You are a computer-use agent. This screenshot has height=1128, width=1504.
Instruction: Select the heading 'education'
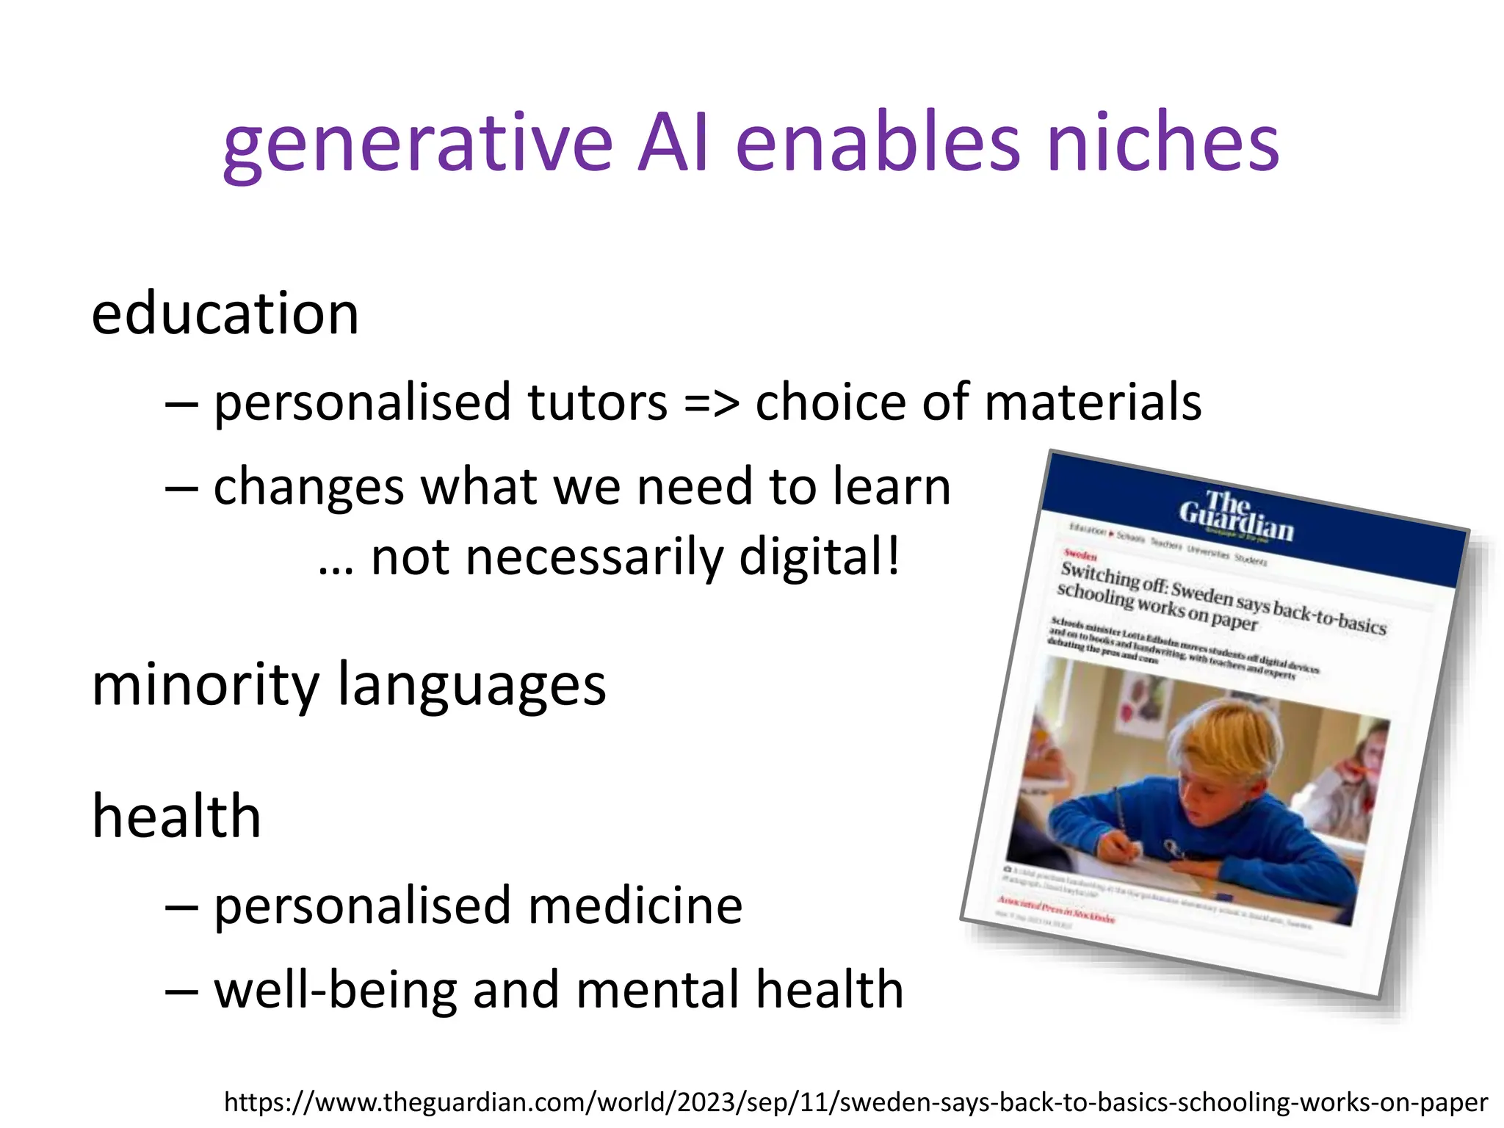point(225,314)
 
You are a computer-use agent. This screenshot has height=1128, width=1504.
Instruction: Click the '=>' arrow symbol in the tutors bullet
point(711,403)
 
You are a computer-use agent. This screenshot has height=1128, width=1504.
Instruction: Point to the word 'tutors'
point(597,402)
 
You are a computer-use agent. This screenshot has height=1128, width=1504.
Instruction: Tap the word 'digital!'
point(819,557)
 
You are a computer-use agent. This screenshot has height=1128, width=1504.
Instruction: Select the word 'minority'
point(206,684)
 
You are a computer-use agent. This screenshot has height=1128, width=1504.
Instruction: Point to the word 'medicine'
point(634,905)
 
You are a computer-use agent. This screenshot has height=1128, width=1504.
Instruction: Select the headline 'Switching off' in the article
point(1113,577)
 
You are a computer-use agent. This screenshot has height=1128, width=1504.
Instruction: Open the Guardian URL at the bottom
point(856,1102)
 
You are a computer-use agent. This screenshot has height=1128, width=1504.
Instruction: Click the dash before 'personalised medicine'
point(181,906)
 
